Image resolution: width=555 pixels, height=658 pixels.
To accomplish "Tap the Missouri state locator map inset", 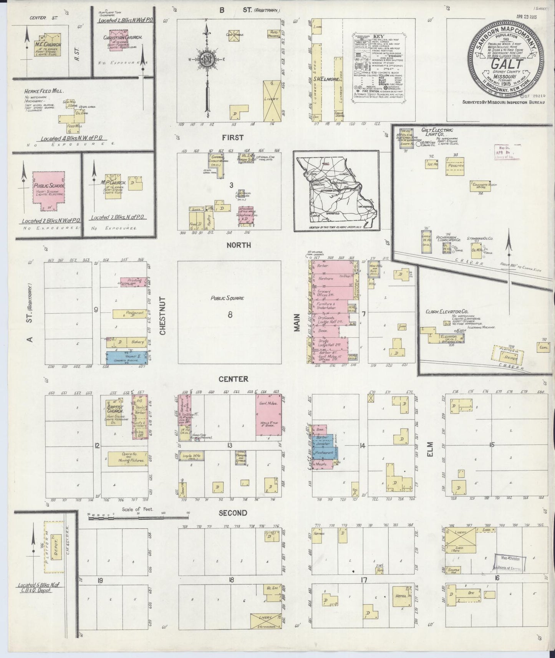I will (x=336, y=191).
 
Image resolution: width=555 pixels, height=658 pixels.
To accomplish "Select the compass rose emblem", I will (x=207, y=59).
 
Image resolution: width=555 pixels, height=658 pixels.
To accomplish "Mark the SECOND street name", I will (x=233, y=513).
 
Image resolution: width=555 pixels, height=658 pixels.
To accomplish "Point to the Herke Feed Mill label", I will (x=44, y=91).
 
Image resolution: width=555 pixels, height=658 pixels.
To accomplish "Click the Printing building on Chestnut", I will (x=133, y=282).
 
